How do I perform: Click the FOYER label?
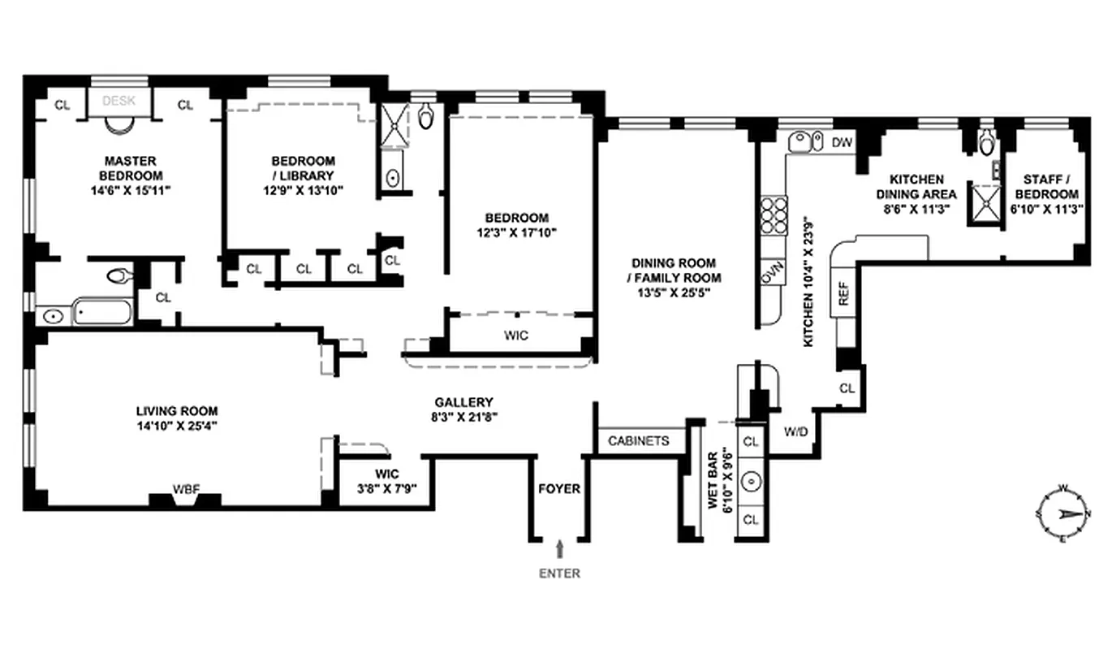pos(559,488)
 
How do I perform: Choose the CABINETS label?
pos(639,440)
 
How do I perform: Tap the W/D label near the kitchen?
pos(795,431)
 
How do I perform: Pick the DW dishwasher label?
pos(843,143)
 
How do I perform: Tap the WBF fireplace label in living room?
pos(185,488)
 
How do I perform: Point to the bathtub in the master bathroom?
pos(102,312)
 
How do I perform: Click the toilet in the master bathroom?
pos(119,276)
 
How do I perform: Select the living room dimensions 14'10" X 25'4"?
pos(177,425)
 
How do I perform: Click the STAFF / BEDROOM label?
pos(1050,187)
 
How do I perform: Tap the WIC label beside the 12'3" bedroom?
pos(516,335)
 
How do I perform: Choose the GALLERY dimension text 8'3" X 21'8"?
pos(464,416)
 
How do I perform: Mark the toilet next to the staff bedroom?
pos(986,144)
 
